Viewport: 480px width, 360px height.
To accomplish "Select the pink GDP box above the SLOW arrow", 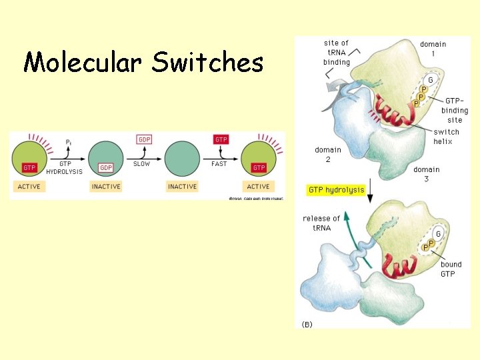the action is click(144, 139).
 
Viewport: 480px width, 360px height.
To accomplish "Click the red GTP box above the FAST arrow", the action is click(221, 139).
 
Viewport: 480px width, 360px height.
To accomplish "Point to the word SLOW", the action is click(141, 163).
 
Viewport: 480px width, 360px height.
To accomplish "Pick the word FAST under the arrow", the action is click(219, 163).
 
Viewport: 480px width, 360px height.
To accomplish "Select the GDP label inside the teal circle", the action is click(105, 167).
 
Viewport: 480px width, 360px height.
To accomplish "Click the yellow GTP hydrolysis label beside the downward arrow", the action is click(336, 190).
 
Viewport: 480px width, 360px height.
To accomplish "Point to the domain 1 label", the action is click(433, 49).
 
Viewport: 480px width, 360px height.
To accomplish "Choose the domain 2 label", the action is click(329, 155).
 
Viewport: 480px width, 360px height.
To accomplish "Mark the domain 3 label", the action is click(426, 174).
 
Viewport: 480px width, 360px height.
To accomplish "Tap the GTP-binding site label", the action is click(456, 110).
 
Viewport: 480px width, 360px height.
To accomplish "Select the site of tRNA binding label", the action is click(337, 53).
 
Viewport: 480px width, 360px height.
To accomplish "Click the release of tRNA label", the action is click(321, 223).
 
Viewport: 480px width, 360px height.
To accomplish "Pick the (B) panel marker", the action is click(307, 324).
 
